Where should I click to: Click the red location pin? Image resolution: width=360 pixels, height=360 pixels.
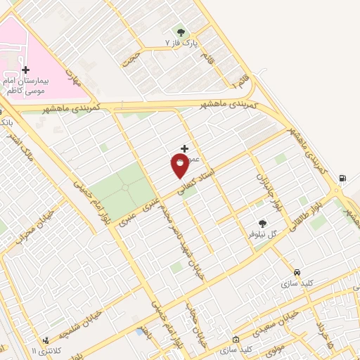[x=180, y=165]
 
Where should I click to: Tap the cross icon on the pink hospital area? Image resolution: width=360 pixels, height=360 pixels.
[x=26, y=70]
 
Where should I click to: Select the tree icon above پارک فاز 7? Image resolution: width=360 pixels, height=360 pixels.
[x=181, y=32]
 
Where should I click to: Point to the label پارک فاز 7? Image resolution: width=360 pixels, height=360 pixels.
[x=181, y=44]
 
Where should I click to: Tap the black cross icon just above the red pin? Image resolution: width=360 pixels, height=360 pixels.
[x=184, y=148]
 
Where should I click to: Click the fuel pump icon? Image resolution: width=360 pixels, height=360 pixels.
[x=342, y=177]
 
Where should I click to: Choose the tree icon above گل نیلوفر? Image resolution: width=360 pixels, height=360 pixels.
[x=263, y=223]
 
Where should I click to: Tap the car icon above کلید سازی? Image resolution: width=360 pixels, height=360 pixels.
[x=297, y=271]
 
